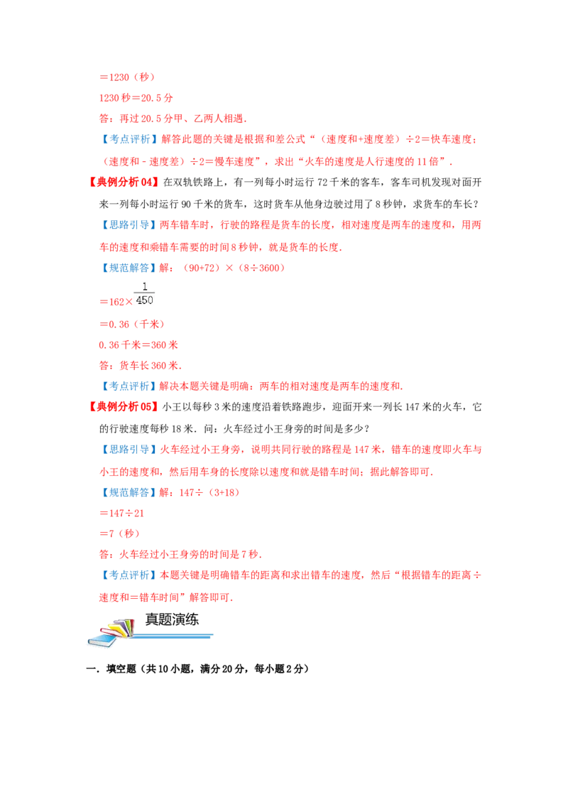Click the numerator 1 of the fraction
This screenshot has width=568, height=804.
[x=145, y=286]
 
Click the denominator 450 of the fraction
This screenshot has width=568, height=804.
[x=145, y=300]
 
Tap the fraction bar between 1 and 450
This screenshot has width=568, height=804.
[x=145, y=293]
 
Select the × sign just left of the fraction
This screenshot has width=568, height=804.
[x=129, y=301]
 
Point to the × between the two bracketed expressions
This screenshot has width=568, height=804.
[x=229, y=268]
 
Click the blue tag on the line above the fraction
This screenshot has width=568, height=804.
[x=129, y=268]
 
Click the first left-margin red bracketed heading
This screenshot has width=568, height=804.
[x=122, y=182]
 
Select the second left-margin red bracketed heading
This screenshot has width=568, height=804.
[x=122, y=407]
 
